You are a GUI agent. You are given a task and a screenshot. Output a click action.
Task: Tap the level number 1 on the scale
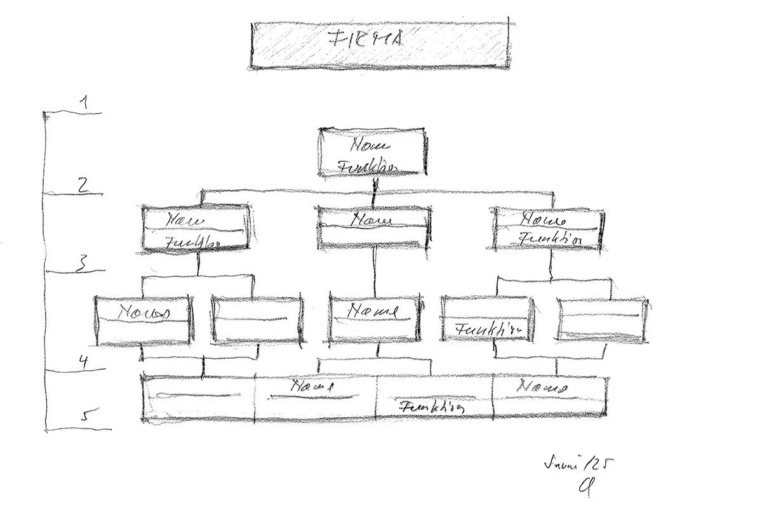pos(83,102)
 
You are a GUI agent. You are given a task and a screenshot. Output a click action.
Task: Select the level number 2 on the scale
pos(82,185)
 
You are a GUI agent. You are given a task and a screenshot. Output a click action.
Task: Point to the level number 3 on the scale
pos(81,264)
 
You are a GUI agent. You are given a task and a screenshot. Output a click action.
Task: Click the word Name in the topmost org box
pos(366,145)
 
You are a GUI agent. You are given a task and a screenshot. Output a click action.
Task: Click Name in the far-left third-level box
pos(145,312)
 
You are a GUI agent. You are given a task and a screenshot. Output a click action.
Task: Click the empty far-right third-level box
pos(602,321)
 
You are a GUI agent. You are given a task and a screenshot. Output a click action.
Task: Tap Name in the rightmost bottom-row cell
pos(541,387)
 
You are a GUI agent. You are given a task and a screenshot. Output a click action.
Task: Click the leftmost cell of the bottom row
pos(197,399)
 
